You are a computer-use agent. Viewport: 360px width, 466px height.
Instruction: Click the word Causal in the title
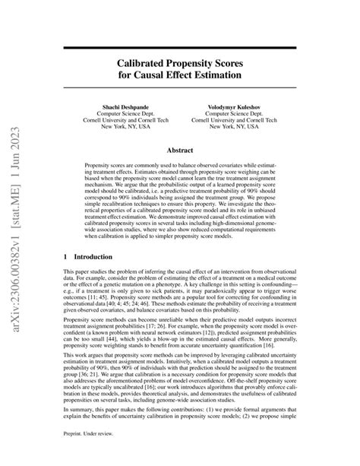pos(159,77)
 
